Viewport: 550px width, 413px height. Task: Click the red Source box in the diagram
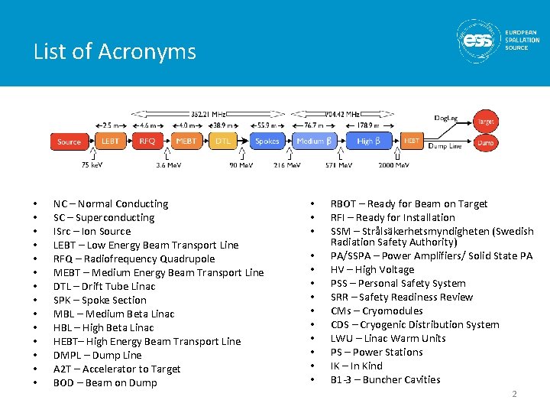[69, 141]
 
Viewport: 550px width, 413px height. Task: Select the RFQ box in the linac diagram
[147, 141]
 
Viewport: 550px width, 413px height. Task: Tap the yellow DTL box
[223, 141]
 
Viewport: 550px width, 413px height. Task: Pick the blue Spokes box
[267, 141]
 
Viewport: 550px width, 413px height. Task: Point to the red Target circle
[484, 121]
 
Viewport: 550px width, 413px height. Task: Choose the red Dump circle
[485, 142]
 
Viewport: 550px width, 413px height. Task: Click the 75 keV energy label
[92, 164]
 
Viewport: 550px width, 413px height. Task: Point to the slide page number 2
[515, 394]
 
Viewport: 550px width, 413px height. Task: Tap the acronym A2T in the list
[63, 369]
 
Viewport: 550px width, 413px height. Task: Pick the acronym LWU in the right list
[341, 338]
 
